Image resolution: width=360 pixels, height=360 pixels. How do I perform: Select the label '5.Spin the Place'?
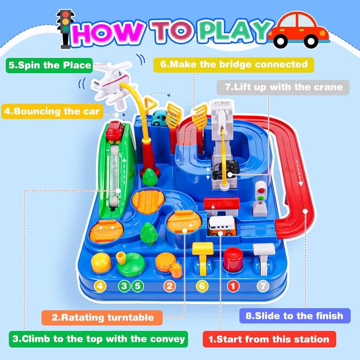(49, 65)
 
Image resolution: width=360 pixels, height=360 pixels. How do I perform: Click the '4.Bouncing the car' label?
(51, 111)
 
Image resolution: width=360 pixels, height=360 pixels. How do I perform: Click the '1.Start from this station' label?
(269, 339)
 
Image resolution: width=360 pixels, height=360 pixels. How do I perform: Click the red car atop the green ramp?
(115, 131)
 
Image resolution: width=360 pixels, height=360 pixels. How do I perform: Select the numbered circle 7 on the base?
(262, 285)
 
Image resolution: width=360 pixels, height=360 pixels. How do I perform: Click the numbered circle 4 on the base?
(100, 286)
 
